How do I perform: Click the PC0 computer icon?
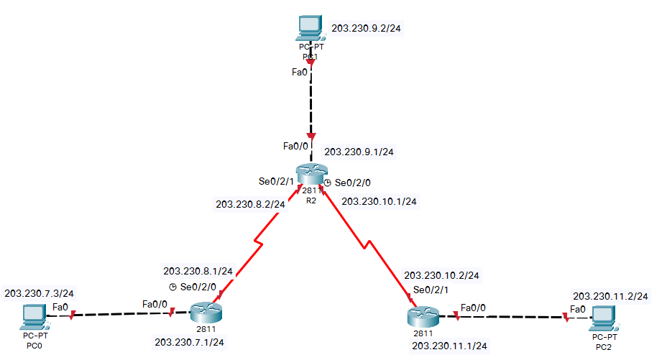click(32, 314)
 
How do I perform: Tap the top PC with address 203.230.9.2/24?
click(310, 27)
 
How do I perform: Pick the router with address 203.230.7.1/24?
click(207, 313)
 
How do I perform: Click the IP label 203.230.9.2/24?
click(367, 30)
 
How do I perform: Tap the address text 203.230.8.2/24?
click(250, 204)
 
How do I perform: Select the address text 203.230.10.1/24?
click(380, 202)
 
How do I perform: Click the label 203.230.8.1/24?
click(198, 272)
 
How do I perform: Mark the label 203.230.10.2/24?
click(441, 275)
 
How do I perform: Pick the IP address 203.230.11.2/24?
click(610, 296)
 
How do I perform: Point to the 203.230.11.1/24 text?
click(449, 346)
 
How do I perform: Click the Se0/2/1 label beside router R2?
click(276, 181)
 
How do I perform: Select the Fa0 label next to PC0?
click(60, 307)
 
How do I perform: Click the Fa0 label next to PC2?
click(578, 310)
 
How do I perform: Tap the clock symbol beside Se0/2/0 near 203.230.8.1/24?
click(173, 287)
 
